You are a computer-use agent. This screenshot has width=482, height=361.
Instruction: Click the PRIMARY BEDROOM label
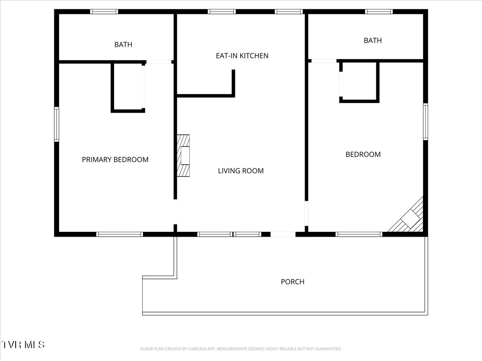coord(115,160)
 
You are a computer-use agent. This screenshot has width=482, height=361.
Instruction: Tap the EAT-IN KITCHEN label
coord(242,56)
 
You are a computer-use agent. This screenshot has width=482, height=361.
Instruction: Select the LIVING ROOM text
coord(241,171)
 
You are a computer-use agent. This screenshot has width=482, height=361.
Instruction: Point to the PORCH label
coord(292,282)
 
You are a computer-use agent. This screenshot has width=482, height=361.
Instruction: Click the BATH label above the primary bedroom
coord(123,45)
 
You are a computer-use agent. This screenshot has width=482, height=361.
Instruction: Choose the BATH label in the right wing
coord(373,41)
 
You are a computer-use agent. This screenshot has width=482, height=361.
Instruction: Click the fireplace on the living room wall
coord(183,156)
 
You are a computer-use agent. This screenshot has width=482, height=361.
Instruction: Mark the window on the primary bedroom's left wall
coord(57,124)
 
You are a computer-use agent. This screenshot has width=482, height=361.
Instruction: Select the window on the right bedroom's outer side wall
coord(425,122)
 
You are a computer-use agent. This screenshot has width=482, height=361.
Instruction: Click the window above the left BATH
coord(104,12)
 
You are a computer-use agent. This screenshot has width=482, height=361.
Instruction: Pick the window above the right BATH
coord(379,12)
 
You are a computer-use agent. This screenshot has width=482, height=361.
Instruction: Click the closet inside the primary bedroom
coord(128,87)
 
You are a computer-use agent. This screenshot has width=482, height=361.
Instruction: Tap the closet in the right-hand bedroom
coord(359,82)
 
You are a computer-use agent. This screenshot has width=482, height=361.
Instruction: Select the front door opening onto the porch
coord(283,234)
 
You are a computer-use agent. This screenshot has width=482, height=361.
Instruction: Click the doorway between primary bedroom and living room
coord(175,212)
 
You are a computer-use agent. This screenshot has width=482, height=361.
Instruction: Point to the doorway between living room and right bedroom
coord(306,213)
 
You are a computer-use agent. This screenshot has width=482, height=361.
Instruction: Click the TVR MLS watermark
coord(23,345)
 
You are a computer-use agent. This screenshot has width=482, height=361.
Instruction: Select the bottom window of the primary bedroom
coord(119,234)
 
